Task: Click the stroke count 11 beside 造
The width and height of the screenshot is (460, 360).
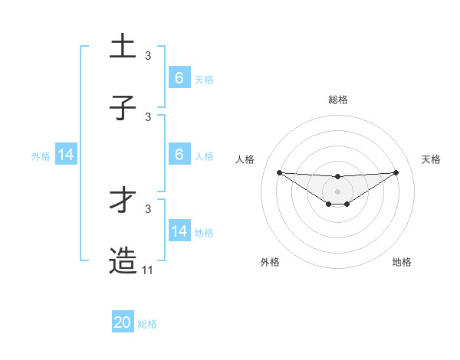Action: click(x=148, y=270)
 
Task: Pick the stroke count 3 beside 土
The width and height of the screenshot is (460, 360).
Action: click(x=148, y=56)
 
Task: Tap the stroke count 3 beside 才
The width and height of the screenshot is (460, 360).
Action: click(x=148, y=208)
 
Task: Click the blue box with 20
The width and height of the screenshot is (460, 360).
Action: click(x=123, y=322)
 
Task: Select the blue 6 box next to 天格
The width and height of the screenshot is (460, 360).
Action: click(x=179, y=77)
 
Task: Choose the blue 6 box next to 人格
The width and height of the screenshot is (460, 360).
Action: click(x=179, y=154)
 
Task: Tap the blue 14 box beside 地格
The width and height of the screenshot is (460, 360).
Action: click(x=179, y=231)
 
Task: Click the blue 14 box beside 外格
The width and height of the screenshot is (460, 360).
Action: click(x=66, y=155)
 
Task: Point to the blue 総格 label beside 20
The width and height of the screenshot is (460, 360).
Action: click(x=147, y=324)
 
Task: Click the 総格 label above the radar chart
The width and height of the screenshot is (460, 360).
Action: click(x=338, y=100)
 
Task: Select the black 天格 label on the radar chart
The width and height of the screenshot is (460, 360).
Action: click(x=432, y=159)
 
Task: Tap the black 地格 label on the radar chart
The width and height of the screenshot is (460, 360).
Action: click(x=402, y=262)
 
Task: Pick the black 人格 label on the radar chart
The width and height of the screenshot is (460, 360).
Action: click(x=245, y=159)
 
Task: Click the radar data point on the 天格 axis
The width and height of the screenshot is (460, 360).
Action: click(x=396, y=172)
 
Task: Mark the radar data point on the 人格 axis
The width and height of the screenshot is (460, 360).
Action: click(x=279, y=172)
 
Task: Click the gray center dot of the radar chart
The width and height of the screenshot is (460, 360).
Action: click(x=338, y=191)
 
